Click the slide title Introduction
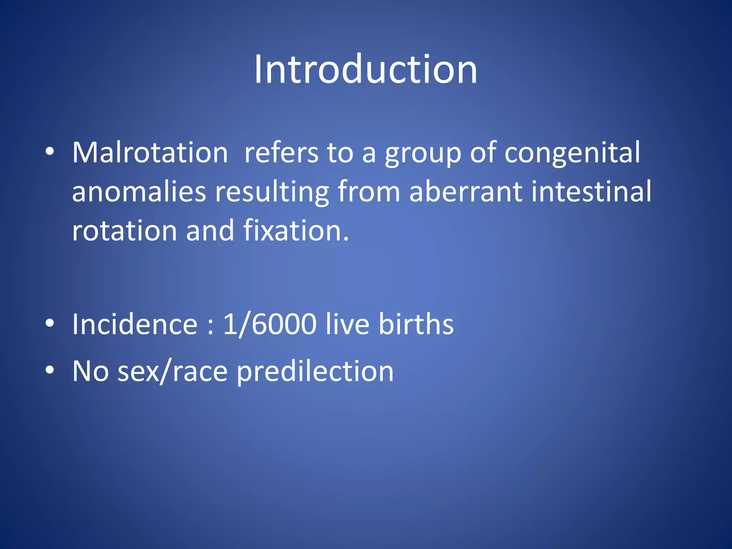pyautogui.click(x=365, y=69)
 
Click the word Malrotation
pyautogui.click(x=150, y=153)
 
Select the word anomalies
pyautogui.click(x=139, y=192)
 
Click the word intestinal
pyautogui.click(x=591, y=192)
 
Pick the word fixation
pyautogui.click(x=296, y=231)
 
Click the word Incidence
pyautogui.click(x=135, y=324)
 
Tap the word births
pyautogui.click(x=416, y=324)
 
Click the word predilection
pyautogui.click(x=315, y=372)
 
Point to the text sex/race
pyautogui.click(x=173, y=372)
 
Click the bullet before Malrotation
pyautogui.click(x=50, y=152)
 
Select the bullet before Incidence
pyautogui.click(x=50, y=323)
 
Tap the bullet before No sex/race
pyautogui.click(x=50, y=370)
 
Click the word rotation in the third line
pyautogui.click(x=125, y=231)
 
